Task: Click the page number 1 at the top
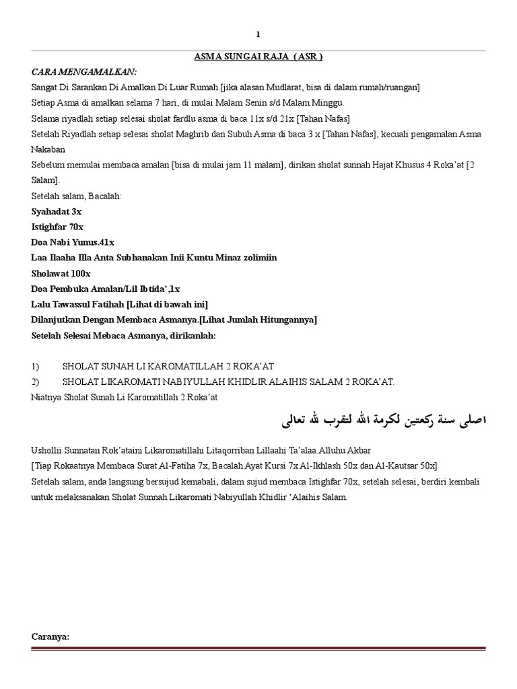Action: (258, 34)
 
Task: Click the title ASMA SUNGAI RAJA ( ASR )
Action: (258, 57)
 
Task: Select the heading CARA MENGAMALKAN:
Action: (84, 72)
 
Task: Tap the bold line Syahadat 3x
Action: (57, 211)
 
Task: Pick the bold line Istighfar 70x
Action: (58, 227)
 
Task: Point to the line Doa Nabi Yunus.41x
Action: (73, 242)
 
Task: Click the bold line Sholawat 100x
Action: (61, 273)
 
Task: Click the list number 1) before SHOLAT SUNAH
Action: (36, 367)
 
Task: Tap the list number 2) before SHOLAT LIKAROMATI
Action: (36, 382)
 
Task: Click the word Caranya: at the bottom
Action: (50, 637)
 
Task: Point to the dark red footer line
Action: (258, 649)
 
